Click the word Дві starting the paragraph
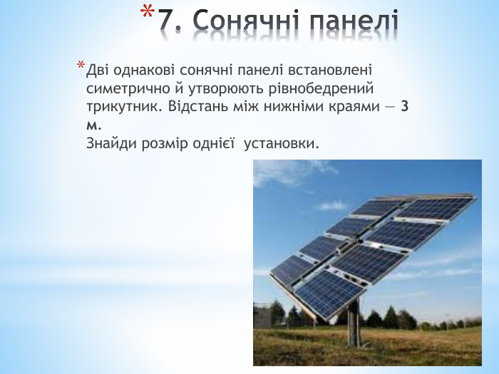(x=98, y=71)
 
